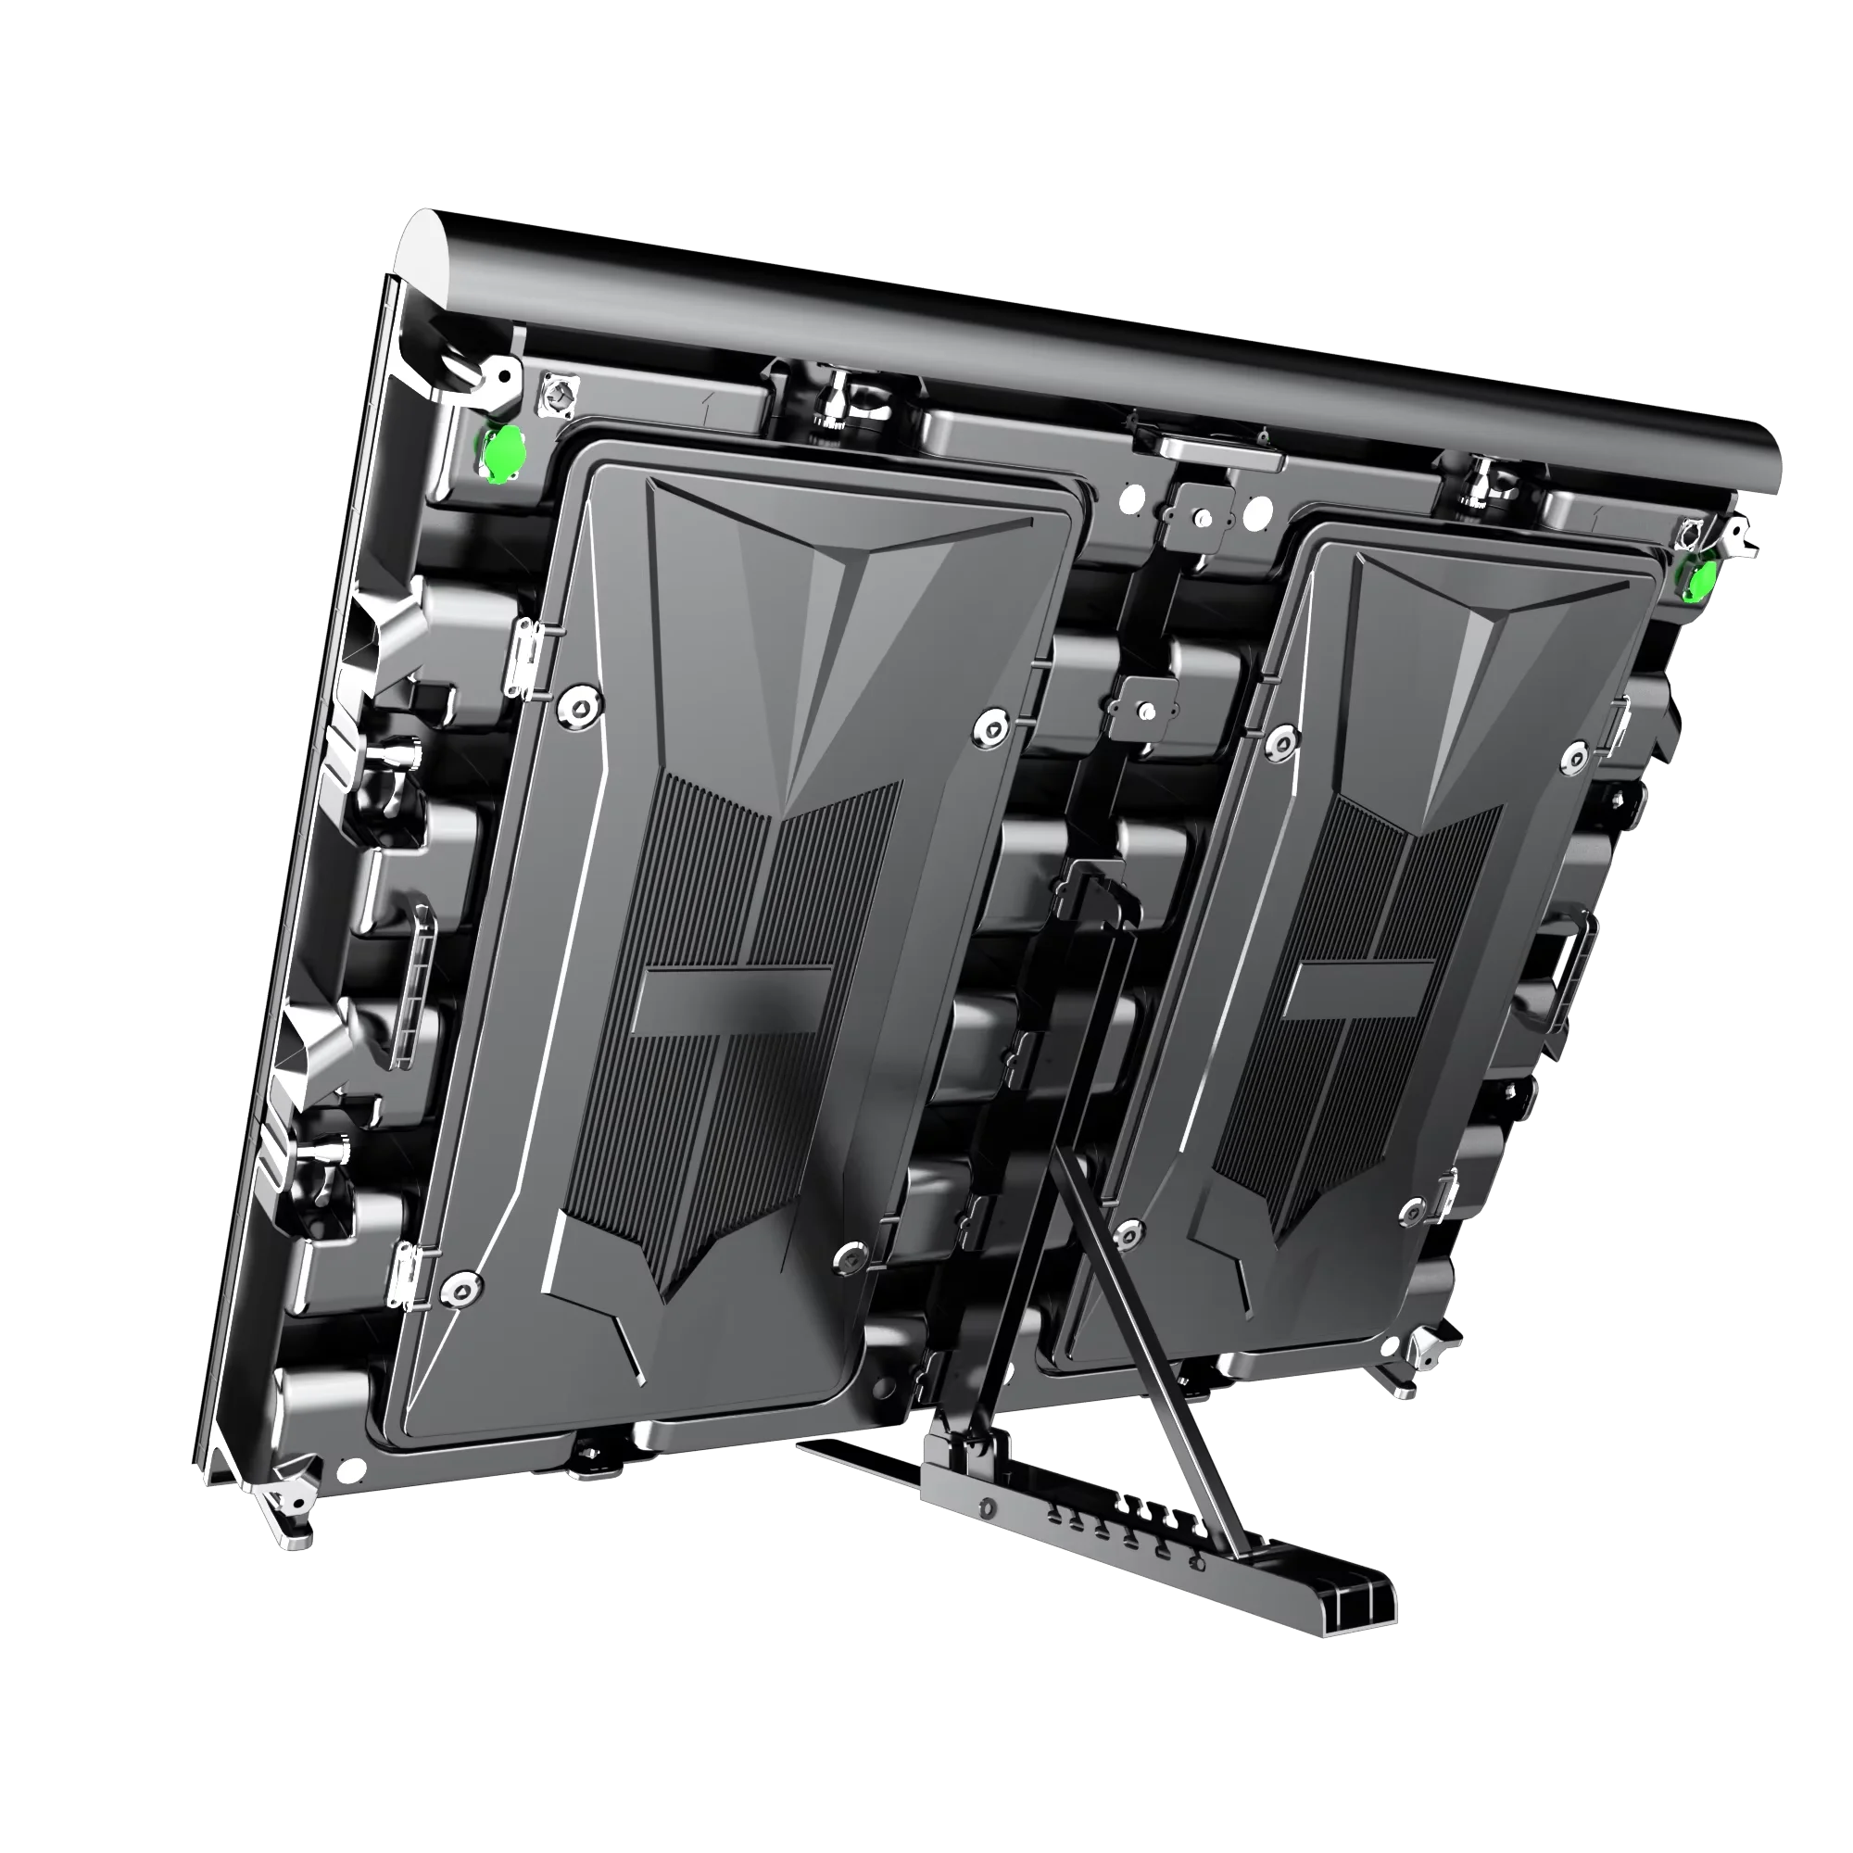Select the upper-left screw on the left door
pos(579,707)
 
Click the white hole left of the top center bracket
pos(1132,498)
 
